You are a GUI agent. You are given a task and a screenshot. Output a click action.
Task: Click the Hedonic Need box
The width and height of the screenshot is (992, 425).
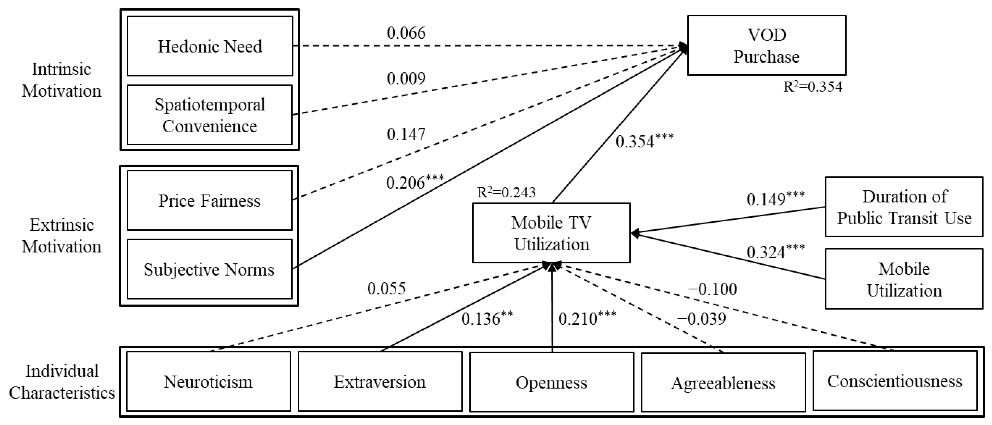tap(210, 46)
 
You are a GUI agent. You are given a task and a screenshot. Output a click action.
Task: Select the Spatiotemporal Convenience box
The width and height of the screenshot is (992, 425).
tap(210, 115)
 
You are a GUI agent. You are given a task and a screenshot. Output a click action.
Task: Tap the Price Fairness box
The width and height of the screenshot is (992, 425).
tap(210, 201)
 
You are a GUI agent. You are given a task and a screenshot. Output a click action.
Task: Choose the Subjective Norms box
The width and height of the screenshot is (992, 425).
tap(210, 269)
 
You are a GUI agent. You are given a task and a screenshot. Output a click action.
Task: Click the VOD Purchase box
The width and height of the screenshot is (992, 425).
tap(766, 45)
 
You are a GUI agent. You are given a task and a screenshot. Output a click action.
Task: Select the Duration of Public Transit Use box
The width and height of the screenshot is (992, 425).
tap(904, 207)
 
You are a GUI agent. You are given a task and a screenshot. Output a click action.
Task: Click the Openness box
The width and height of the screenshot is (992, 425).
tap(551, 382)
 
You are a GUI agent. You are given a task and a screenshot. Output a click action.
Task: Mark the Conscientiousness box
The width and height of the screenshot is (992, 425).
tap(895, 381)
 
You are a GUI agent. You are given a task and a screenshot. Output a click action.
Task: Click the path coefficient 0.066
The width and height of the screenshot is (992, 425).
tap(406, 33)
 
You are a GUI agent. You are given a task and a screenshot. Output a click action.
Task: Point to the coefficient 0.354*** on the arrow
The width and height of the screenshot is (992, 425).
tap(644, 141)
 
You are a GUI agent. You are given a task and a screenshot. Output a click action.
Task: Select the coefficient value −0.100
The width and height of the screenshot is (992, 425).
tap(713, 289)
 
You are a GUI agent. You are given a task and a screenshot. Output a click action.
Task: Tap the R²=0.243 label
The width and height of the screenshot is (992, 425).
tap(506, 192)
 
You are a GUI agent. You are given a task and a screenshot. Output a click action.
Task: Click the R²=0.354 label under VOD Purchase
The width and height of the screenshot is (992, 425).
tap(813, 87)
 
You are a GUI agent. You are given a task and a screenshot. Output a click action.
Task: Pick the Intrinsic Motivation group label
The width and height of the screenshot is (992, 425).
tap(62, 80)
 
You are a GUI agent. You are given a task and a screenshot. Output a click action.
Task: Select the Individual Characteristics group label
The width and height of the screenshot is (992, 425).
tap(62, 382)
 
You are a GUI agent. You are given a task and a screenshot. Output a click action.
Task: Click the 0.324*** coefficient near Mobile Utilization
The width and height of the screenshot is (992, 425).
tap(775, 252)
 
